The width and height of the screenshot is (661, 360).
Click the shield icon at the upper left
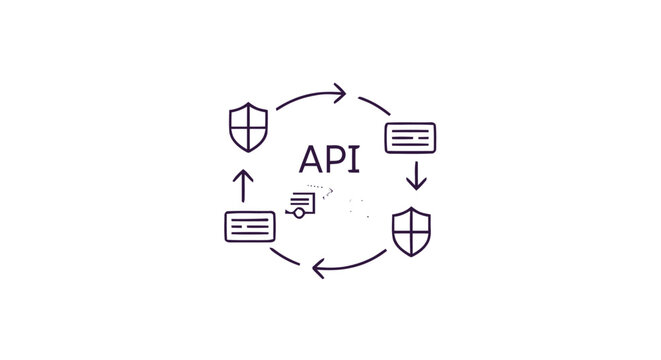[x=249, y=125]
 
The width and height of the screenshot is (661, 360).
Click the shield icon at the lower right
[x=411, y=232]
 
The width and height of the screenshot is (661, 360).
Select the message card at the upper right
[x=410, y=136]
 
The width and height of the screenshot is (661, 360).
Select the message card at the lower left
[x=250, y=225]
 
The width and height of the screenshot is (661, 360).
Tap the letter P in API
[x=337, y=160]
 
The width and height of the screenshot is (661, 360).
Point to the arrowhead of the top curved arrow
[x=341, y=94]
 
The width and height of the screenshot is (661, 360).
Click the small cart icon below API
[x=302, y=204]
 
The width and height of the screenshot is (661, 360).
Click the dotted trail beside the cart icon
[x=319, y=187]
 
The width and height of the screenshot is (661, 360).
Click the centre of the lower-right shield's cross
[x=411, y=231]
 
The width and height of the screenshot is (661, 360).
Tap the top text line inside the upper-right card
[x=410, y=131]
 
